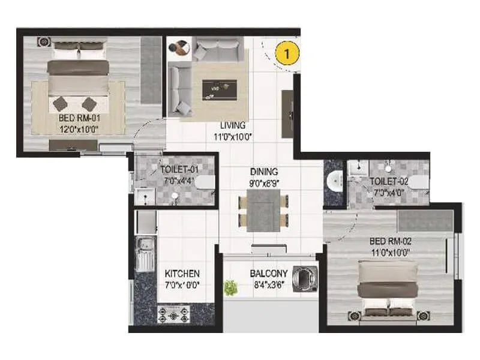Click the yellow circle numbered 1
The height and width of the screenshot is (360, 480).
287,53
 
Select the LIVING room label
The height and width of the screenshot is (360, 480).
233,125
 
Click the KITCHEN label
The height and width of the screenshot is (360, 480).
182,274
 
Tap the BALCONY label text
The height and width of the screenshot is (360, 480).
269,274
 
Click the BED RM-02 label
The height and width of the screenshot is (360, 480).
391,242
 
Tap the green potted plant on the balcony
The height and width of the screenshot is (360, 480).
230,287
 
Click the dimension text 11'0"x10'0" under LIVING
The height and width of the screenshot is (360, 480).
233,136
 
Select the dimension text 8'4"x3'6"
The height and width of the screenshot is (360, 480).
269,284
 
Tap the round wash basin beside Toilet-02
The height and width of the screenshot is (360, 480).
334,179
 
